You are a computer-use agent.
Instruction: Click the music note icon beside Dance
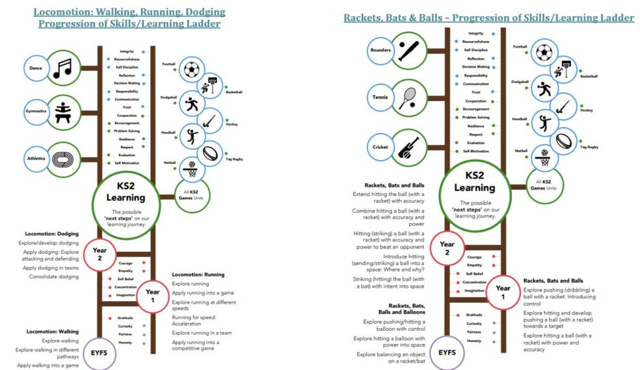point(63,67)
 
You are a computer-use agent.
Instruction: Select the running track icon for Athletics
point(63,158)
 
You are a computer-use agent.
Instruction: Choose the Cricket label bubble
point(380,147)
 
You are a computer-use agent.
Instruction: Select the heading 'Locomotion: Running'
point(198,275)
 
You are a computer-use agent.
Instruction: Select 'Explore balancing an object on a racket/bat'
point(390,358)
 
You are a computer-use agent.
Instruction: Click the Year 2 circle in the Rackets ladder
point(447,249)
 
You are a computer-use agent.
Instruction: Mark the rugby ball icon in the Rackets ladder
point(564,141)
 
